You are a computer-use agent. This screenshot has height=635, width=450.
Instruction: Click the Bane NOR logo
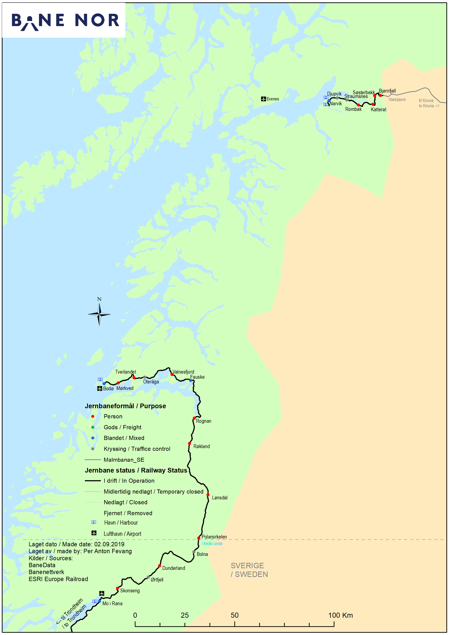pyautogui.click(x=65, y=21)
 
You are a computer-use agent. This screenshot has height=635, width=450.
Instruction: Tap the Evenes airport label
pyautogui.click(x=272, y=99)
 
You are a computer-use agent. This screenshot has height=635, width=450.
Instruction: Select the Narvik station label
pyautogui.click(x=336, y=104)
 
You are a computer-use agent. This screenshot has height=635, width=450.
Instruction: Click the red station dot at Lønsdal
pyautogui.click(x=208, y=495)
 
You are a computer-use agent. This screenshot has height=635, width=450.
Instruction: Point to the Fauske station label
pyautogui.click(x=197, y=377)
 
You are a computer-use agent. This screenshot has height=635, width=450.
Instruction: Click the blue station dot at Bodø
pyautogui.click(x=104, y=384)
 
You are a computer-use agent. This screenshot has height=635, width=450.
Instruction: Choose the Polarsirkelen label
pyautogui.click(x=214, y=537)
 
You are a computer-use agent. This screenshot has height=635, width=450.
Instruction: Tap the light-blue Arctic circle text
pyautogui.click(x=212, y=543)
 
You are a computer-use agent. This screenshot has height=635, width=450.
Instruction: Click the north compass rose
pyautogui.click(x=99, y=314)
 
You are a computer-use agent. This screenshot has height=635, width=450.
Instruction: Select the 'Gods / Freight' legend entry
pyautogui.click(x=122, y=427)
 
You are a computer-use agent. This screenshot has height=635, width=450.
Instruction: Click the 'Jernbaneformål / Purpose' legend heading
pyautogui.click(x=125, y=406)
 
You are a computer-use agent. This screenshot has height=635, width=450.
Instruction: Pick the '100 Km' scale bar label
pyautogui.click(x=340, y=615)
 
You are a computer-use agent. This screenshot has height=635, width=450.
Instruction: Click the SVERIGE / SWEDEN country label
pyautogui.click(x=249, y=570)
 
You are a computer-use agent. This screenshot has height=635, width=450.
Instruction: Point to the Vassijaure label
pyautogui.click(x=397, y=99)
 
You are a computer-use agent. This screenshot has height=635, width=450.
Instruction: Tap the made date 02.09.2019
pyautogui.click(x=109, y=544)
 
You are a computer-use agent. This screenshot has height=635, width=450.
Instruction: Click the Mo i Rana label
pyautogui.click(x=112, y=603)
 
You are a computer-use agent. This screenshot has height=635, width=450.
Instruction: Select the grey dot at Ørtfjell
pyautogui.click(x=148, y=577)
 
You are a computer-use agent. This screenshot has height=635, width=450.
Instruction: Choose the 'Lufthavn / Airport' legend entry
pyautogui.click(x=122, y=534)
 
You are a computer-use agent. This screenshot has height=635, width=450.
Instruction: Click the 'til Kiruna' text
pyautogui.click(x=426, y=101)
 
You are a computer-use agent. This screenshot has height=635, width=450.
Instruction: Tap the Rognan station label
pyautogui.click(x=203, y=421)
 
